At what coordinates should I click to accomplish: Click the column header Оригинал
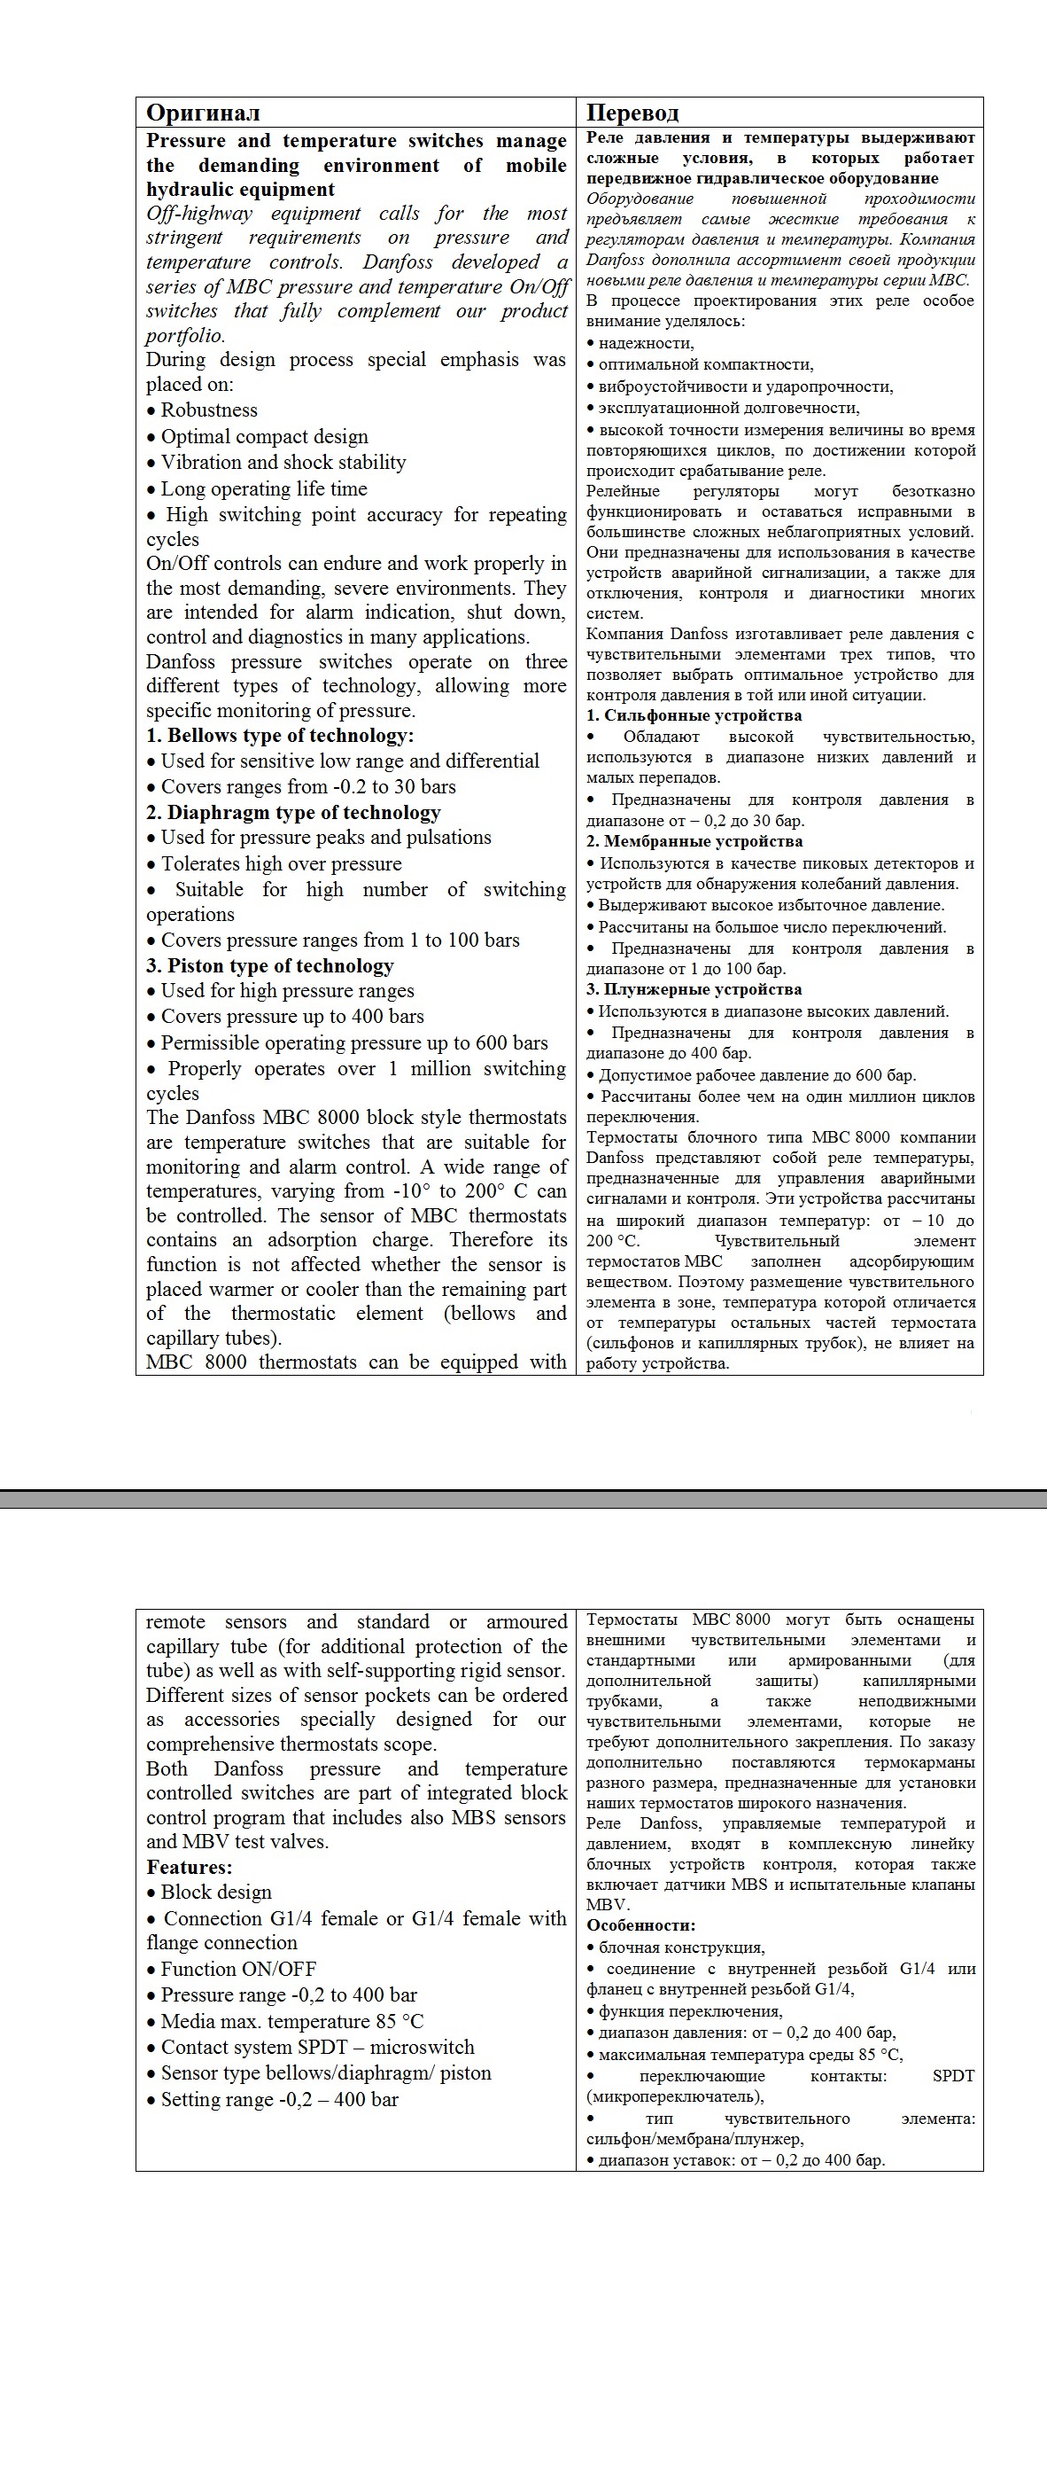click(203, 113)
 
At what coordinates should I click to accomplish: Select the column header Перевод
click(632, 113)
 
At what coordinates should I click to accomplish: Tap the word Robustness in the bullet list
click(209, 410)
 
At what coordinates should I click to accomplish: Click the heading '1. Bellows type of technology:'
click(280, 735)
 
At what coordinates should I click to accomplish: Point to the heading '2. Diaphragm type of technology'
click(294, 812)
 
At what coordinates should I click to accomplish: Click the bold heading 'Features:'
click(189, 1866)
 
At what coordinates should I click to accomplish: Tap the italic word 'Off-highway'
click(199, 213)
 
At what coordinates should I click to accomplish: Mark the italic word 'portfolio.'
click(186, 335)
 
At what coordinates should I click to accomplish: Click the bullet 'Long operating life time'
click(264, 488)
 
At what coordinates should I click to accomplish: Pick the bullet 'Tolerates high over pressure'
click(282, 863)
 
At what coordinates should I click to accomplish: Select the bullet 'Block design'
click(216, 1892)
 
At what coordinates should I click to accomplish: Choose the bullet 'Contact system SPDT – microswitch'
click(317, 2047)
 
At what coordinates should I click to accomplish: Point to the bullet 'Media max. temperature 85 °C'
click(291, 2020)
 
